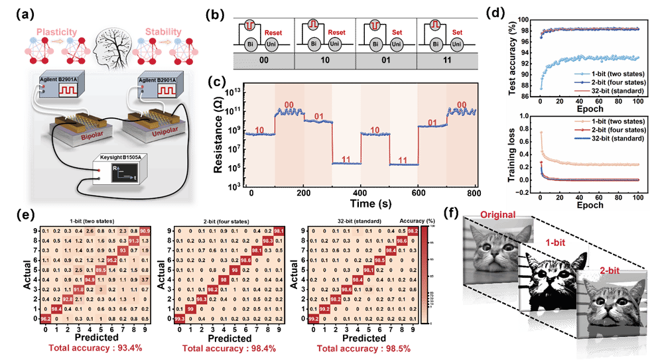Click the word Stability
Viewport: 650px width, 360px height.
pos(162,32)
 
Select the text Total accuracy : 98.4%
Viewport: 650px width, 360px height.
pos(229,347)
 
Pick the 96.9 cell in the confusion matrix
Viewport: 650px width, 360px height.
pos(145,230)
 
